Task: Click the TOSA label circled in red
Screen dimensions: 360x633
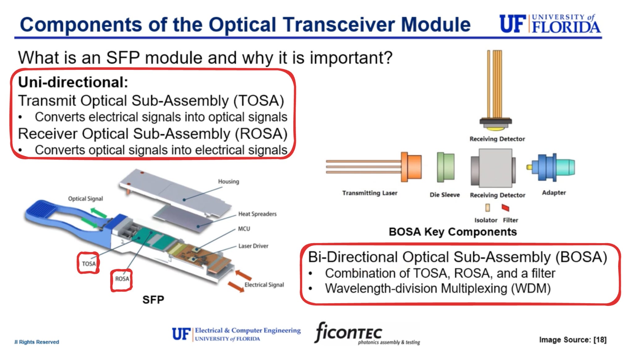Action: point(89,264)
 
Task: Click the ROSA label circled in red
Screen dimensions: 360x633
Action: point(122,279)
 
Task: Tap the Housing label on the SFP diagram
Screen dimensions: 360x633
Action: point(228,182)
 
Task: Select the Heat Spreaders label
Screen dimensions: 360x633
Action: point(257,214)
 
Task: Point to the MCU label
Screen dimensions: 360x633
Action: point(244,229)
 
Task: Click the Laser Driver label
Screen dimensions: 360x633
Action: point(253,246)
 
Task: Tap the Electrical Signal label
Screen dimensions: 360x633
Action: point(264,285)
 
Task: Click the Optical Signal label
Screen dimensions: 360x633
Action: point(85,199)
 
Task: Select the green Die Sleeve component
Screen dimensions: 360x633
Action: point(446,167)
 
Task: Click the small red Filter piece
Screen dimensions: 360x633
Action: point(505,208)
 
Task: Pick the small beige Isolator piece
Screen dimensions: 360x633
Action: point(487,208)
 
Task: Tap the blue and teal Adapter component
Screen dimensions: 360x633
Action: point(552,167)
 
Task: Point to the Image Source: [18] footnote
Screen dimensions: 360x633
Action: point(572,340)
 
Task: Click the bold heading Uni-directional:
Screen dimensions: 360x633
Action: point(73,83)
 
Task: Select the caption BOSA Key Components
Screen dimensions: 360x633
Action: point(452,232)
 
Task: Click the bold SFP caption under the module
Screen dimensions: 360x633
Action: point(153,300)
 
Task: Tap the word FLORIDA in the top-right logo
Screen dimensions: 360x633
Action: point(566,28)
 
